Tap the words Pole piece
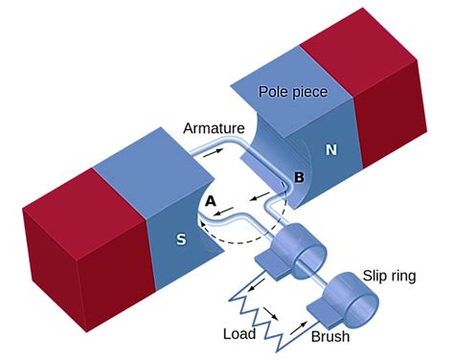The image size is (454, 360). (x=293, y=92)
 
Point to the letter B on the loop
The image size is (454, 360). (x=298, y=176)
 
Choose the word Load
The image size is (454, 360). (x=240, y=335)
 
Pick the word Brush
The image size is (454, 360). (x=331, y=337)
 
